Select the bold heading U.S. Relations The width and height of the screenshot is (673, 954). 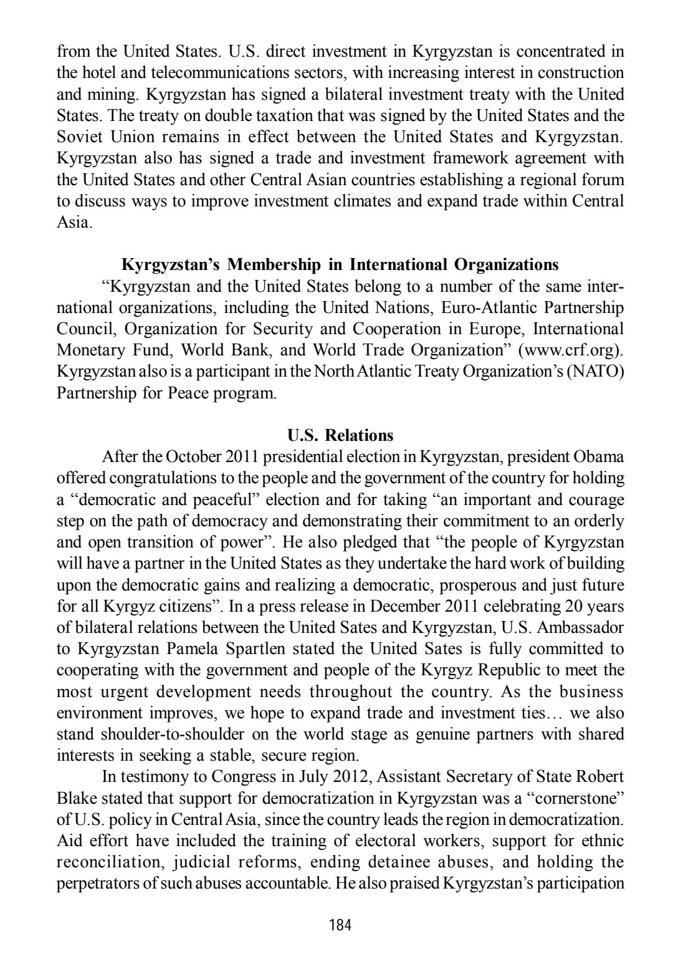click(340, 435)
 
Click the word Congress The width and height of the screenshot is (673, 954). click(241, 777)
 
